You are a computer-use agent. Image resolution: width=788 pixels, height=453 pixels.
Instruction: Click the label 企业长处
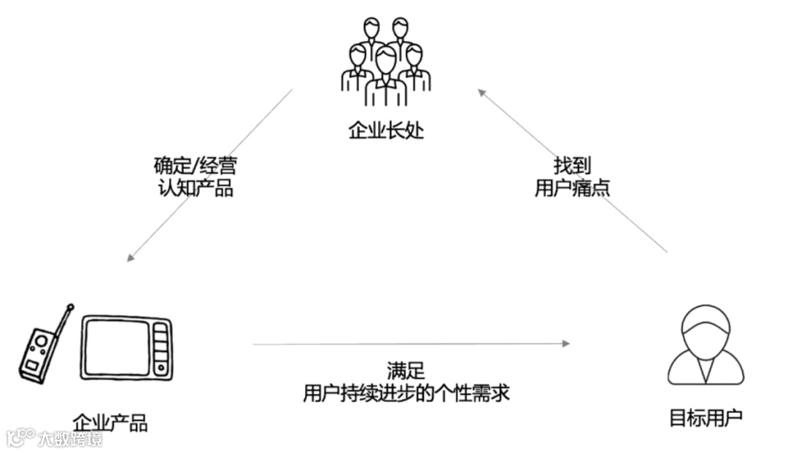click(x=385, y=131)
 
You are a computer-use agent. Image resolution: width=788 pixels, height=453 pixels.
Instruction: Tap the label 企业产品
click(x=110, y=422)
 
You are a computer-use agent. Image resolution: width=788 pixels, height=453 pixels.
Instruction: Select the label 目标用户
click(x=706, y=418)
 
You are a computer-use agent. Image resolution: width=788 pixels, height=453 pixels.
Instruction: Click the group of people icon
click(x=385, y=62)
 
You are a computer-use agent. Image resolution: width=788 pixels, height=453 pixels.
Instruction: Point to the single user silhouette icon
click(x=706, y=346)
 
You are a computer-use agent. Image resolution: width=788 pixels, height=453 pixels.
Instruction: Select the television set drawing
click(x=126, y=348)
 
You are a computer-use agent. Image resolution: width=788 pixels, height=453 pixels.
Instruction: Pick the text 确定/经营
click(x=195, y=166)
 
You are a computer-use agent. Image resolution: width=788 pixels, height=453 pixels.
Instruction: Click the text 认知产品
click(x=195, y=188)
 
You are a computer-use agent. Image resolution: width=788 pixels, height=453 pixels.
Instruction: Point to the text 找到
click(x=572, y=166)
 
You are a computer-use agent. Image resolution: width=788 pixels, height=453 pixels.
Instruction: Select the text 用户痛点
click(x=572, y=188)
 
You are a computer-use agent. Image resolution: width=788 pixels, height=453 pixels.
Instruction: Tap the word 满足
click(x=406, y=371)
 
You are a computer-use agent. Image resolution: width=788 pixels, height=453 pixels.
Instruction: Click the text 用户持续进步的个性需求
click(x=406, y=393)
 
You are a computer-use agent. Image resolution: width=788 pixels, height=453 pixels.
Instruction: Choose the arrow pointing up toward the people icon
click(x=573, y=171)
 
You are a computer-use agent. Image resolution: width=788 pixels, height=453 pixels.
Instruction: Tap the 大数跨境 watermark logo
click(x=55, y=438)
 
